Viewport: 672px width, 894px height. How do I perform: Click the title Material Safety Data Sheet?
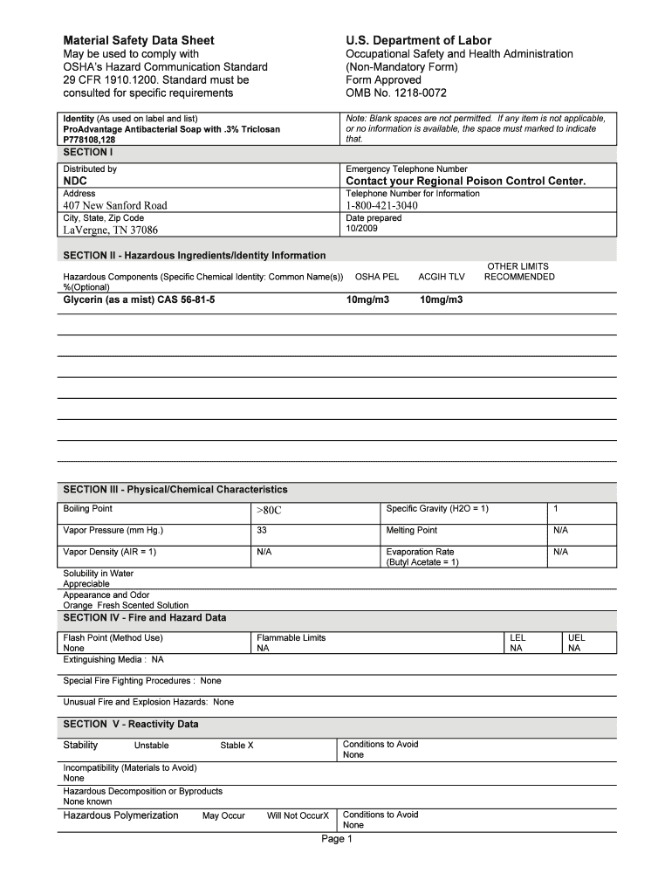(x=138, y=40)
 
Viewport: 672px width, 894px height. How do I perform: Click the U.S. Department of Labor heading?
(x=418, y=40)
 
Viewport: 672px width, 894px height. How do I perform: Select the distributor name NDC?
(x=75, y=181)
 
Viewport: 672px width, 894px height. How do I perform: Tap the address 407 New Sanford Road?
(x=114, y=205)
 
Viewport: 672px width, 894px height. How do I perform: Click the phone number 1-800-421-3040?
(x=381, y=205)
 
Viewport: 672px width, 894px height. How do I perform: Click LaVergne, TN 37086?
(x=110, y=230)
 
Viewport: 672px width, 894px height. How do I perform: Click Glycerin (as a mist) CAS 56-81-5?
(x=139, y=299)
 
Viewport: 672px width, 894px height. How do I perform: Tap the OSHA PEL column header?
(x=377, y=277)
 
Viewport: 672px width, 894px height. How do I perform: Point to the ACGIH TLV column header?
(x=442, y=277)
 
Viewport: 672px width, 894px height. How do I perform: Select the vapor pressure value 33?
(x=262, y=530)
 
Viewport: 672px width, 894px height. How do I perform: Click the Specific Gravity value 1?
(x=555, y=508)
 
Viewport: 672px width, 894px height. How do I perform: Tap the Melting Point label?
(x=411, y=530)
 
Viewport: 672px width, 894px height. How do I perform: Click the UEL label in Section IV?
(x=576, y=637)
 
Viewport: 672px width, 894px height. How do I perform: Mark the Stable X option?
(x=237, y=746)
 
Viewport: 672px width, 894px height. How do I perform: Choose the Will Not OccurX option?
(x=298, y=815)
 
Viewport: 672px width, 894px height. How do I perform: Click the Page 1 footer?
(x=336, y=839)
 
